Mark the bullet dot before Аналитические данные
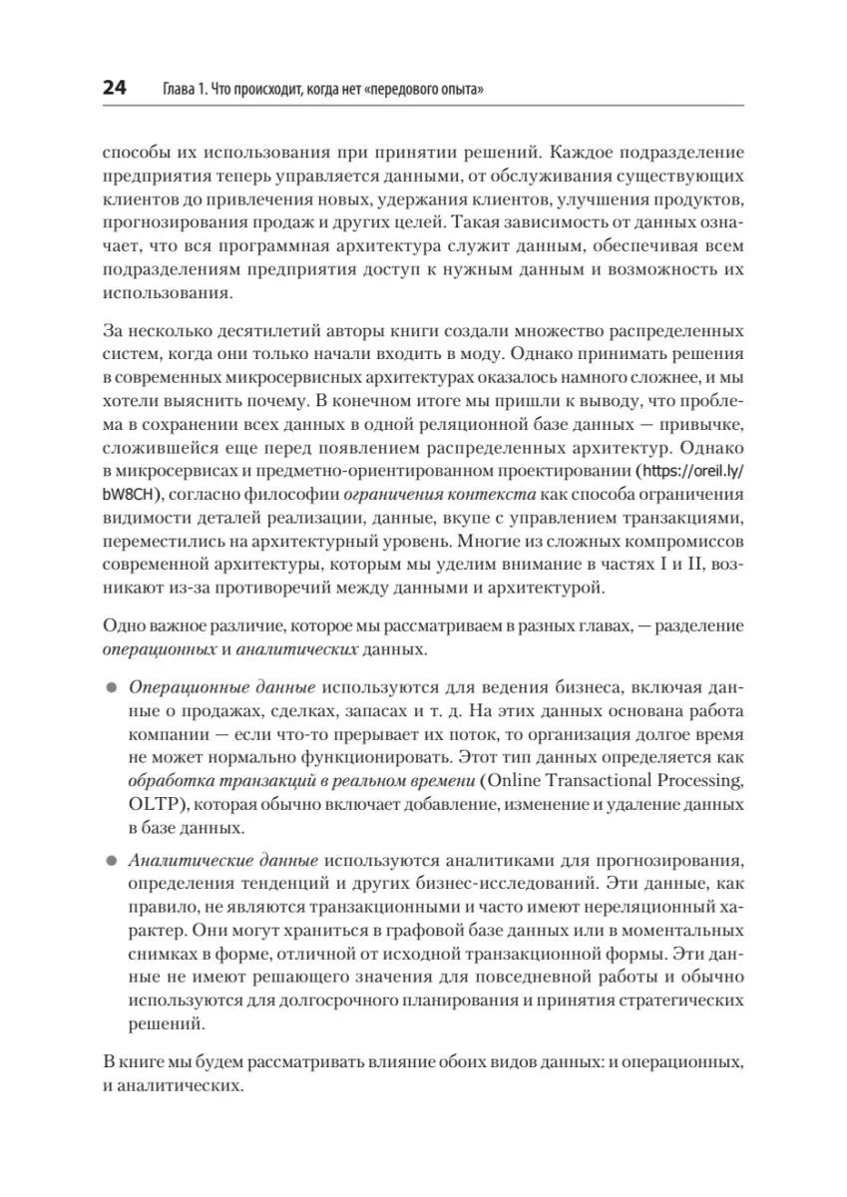pyautogui.click(x=111, y=859)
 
